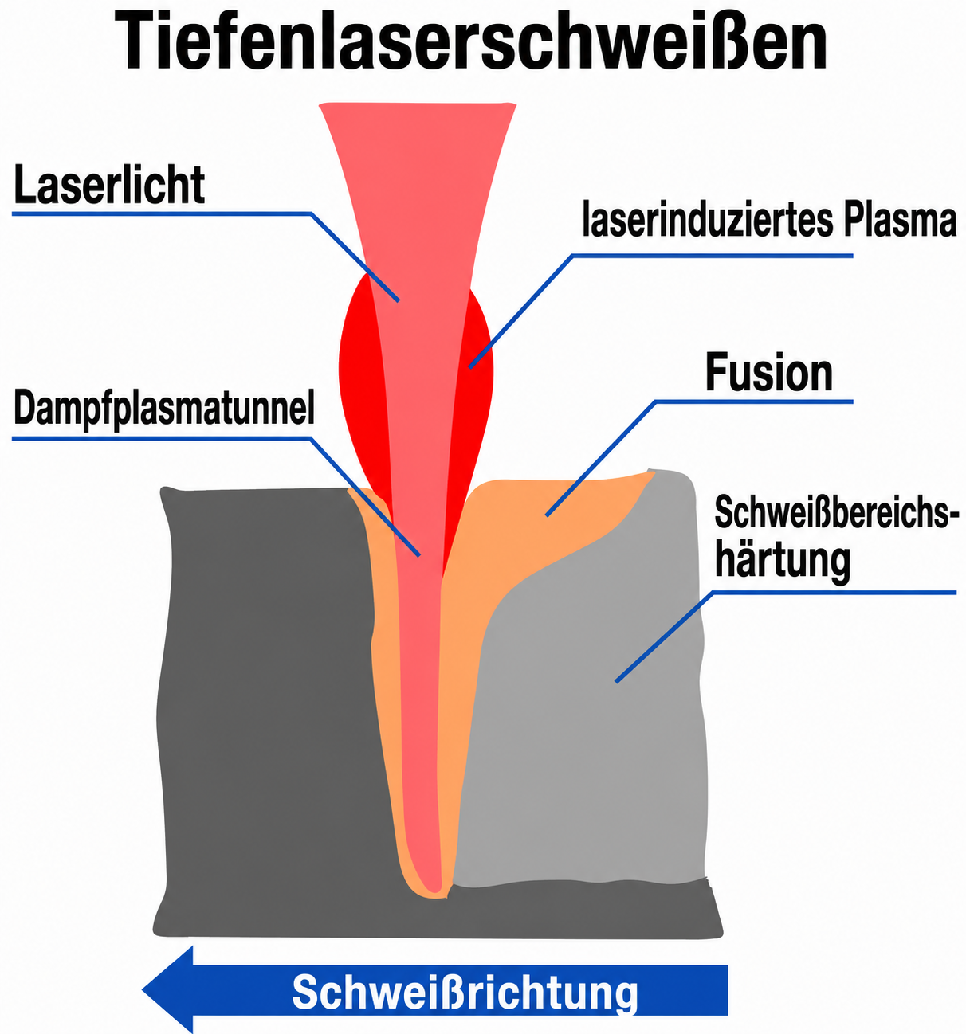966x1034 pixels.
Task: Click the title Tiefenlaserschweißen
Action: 470,41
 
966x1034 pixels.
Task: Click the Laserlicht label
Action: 109,185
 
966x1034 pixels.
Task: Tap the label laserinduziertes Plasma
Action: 769,219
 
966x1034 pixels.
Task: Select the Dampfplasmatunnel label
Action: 164,409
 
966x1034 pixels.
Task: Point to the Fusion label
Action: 769,373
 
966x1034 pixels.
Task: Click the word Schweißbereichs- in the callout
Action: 836,512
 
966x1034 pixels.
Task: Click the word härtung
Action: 783,562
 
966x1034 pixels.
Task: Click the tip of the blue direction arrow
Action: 143,989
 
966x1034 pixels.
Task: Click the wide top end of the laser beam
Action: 418,104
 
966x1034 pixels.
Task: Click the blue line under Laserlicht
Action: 206,256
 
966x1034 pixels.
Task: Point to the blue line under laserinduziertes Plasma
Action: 661,311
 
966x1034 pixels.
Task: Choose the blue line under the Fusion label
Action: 699,458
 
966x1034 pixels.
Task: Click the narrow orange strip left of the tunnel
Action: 386,677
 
